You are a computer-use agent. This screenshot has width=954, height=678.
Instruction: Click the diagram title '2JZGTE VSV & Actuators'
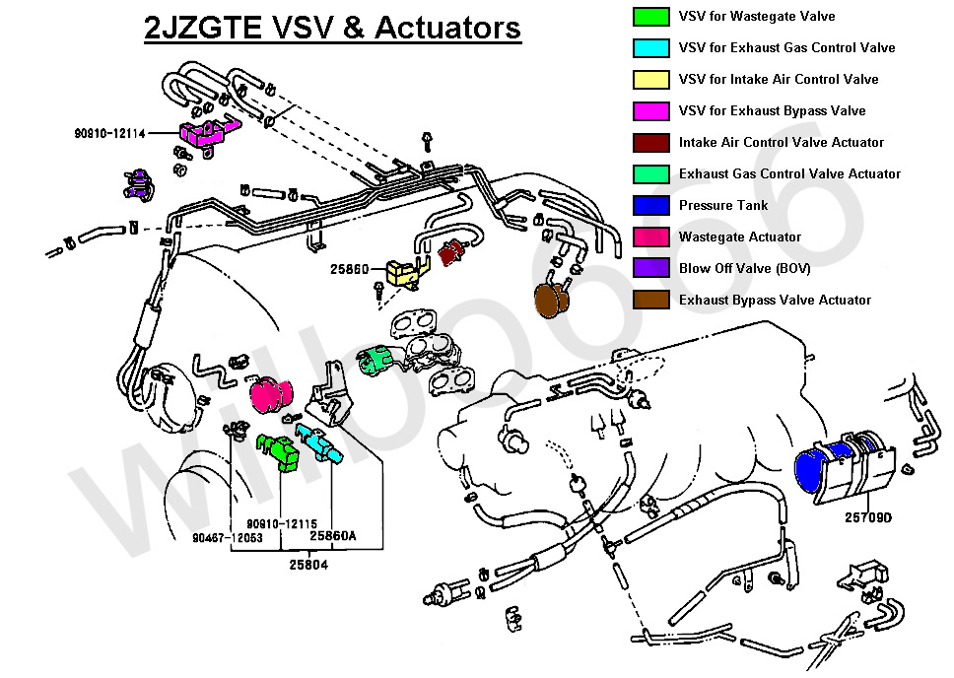coord(332,28)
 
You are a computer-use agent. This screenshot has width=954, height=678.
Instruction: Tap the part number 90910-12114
coord(110,133)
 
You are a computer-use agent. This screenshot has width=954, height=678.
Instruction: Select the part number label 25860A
coord(333,535)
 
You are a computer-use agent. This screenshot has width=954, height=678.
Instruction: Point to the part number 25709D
coord(868,517)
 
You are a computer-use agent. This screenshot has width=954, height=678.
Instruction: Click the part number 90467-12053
coord(228,538)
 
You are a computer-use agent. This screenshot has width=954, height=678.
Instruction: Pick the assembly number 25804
coord(308,565)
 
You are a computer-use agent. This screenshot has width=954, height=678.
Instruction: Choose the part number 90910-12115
coord(282,523)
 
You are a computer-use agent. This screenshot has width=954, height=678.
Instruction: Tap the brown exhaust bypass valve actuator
coord(552,300)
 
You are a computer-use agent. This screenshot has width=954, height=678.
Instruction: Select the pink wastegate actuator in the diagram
coord(271,394)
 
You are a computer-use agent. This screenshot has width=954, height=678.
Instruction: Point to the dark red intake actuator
coord(451,252)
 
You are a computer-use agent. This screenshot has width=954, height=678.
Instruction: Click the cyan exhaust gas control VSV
coord(318,444)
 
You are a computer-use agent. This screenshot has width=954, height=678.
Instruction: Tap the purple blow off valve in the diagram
coord(139,184)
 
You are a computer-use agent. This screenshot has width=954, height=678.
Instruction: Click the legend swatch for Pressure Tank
coord(651,205)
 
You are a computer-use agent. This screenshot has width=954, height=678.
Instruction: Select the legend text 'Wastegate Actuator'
coord(740,237)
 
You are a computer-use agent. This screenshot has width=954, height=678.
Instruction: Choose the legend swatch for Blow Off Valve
coord(651,268)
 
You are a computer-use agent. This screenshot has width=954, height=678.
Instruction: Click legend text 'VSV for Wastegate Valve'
coord(757,17)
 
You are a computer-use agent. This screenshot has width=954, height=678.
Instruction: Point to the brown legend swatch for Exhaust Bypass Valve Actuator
coord(651,300)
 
